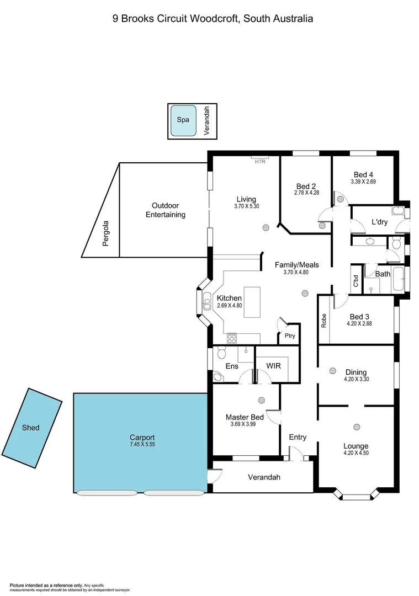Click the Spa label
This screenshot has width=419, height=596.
coord(183,120)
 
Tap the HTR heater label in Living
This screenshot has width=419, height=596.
coord(260,162)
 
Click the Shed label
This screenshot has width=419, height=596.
coord(31,427)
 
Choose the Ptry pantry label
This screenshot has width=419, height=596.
coord(289,336)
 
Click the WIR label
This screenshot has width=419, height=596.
coord(274,366)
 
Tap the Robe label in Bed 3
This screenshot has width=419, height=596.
coord(324,321)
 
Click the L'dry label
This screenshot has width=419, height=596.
coord(379,222)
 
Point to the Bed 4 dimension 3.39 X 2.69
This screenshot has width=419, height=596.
coord(363,182)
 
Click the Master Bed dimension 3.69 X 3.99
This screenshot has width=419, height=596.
coord(244,424)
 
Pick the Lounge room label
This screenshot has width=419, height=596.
coord(356,446)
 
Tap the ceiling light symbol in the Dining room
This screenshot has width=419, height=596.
coord(333,371)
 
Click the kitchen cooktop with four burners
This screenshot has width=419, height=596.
coord(232,338)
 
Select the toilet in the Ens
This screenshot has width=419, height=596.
coord(221,352)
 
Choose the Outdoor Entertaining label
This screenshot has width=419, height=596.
coord(165,210)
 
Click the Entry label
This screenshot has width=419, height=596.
coord(298,437)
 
